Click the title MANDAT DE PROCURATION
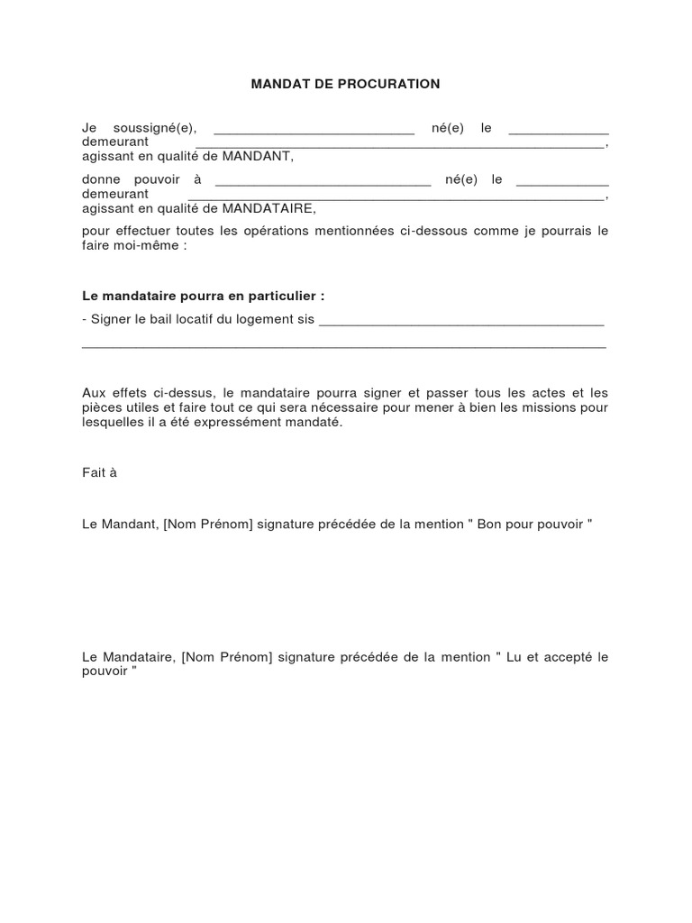pos(345,84)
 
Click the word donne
pos(99,179)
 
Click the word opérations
pos(271,231)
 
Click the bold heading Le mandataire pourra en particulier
pos(203,296)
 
